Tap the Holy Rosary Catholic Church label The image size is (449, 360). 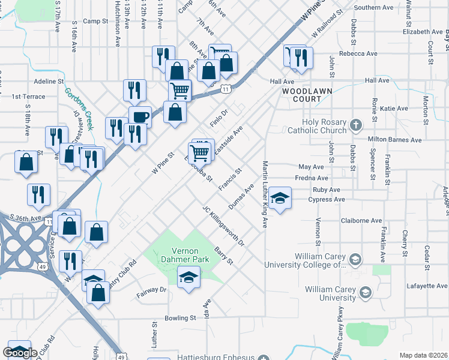click(325, 125)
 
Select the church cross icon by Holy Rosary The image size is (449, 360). click(356, 125)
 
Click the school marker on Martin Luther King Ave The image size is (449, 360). click(279, 198)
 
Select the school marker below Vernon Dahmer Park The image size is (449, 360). click(188, 277)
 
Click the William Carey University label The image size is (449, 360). click(330, 293)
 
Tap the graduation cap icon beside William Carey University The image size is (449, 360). click(364, 293)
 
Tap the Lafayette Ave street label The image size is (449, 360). click(426, 286)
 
